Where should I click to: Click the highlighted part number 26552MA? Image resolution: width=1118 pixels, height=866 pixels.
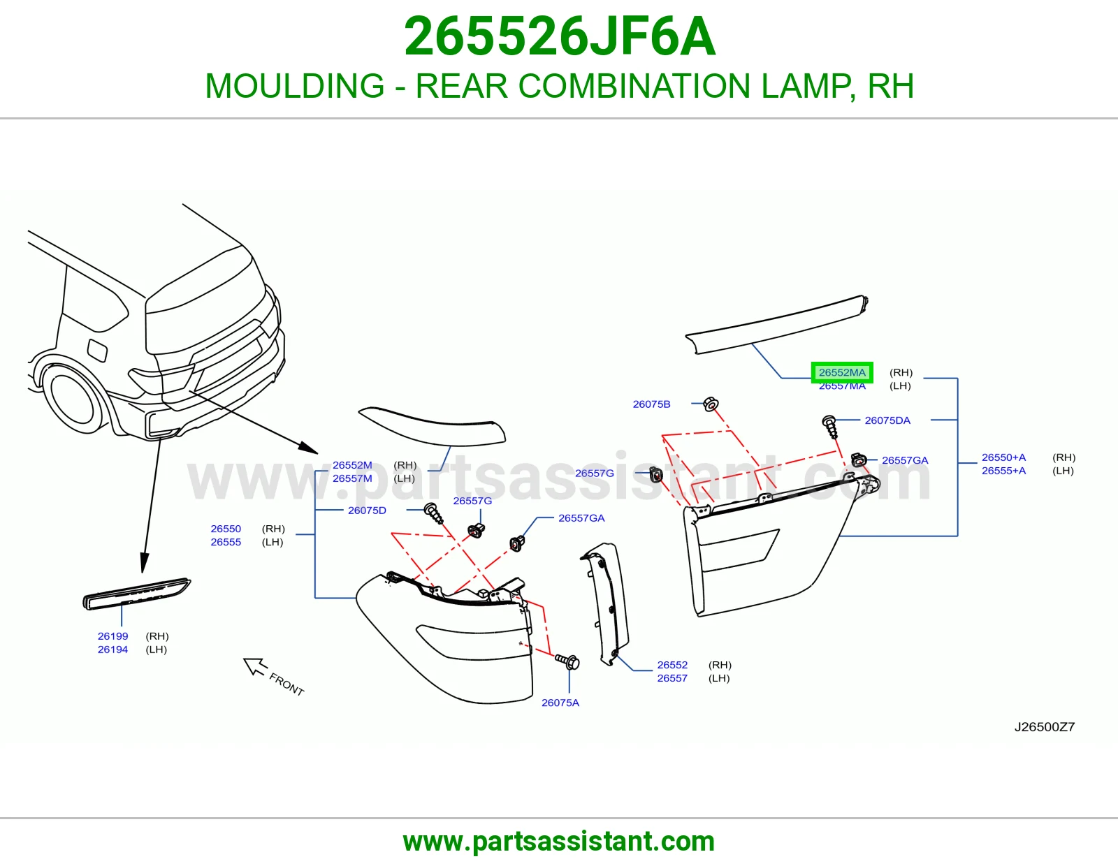(x=842, y=372)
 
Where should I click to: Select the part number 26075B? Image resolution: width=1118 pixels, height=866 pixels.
(x=651, y=404)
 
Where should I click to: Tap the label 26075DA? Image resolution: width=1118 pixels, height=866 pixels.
(x=887, y=420)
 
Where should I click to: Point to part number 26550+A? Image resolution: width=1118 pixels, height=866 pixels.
(x=1004, y=457)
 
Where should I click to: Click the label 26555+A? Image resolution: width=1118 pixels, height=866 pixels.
(x=1004, y=471)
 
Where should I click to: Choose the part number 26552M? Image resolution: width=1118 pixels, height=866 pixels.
(x=352, y=465)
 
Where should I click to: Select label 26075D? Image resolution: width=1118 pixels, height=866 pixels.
(x=367, y=510)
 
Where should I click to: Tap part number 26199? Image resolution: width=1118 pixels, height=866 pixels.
(x=112, y=636)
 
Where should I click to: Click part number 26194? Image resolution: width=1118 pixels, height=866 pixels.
(x=112, y=649)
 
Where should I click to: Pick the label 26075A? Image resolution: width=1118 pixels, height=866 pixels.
(x=560, y=703)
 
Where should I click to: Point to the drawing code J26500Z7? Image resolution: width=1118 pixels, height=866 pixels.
(x=1045, y=726)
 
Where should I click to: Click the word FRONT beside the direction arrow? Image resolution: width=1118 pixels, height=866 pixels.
(x=286, y=684)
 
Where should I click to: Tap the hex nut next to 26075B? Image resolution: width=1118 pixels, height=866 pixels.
(x=711, y=404)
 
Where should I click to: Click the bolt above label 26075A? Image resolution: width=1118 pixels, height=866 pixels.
(x=567, y=661)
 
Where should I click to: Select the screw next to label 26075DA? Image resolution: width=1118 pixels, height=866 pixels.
(x=830, y=427)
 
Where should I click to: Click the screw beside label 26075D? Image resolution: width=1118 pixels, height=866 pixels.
(x=434, y=513)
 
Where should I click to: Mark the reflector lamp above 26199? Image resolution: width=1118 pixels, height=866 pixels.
(x=136, y=594)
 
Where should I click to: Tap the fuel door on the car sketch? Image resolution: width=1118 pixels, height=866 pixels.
(x=97, y=350)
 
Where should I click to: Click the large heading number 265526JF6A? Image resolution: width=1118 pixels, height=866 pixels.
(x=559, y=36)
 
